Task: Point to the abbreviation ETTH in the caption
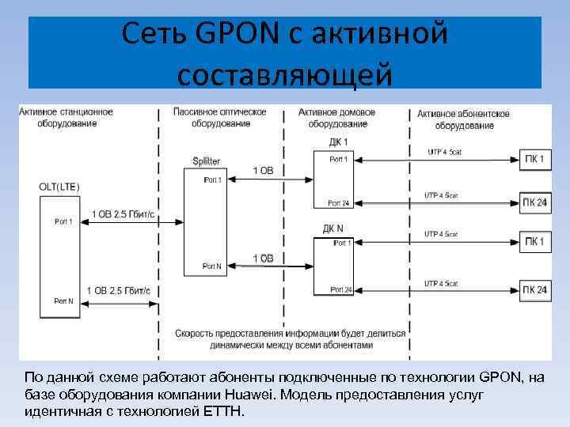pyautogui.click(x=226, y=412)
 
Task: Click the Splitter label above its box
pyautogui.click(x=207, y=161)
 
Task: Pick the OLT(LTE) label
pyautogui.click(x=59, y=186)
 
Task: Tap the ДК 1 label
pyautogui.click(x=338, y=142)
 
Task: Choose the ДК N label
pyautogui.click(x=333, y=229)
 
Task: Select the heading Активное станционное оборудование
pyautogui.click(x=66, y=118)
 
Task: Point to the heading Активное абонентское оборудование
pyautogui.click(x=464, y=119)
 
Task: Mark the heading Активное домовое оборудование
pyautogui.click(x=337, y=119)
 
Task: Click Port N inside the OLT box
pyautogui.click(x=63, y=301)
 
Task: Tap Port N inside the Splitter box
pyautogui.click(x=211, y=266)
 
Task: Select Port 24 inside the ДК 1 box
pyautogui.click(x=339, y=203)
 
